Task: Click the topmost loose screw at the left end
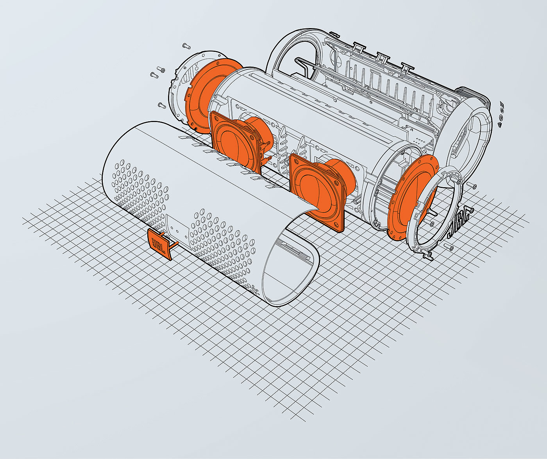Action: click(x=186, y=46)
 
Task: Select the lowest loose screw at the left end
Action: click(x=162, y=105)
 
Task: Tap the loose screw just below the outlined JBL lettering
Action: click(x=449, y=246)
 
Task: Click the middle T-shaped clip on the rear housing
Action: click(x=383, y=57)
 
